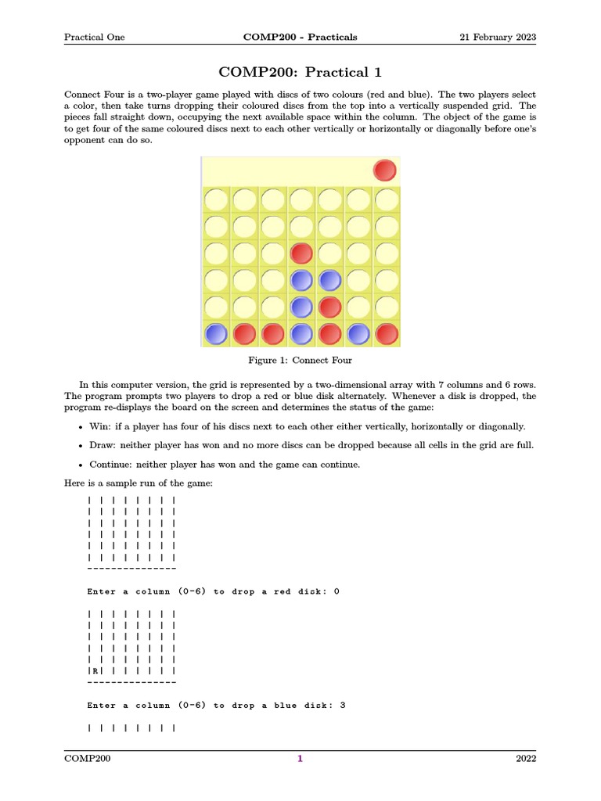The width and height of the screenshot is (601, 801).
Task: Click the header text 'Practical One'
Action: (x=94, y=37)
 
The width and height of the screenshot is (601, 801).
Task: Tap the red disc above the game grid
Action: (x=384, y=170)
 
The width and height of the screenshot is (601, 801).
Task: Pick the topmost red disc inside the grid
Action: (x=301, y=253)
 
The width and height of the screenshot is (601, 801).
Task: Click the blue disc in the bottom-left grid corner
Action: (x=215, y=334)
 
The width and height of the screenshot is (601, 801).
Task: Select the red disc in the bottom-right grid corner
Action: (x=386, y=334)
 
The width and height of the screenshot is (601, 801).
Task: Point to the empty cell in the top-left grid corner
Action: (x=215, y=200)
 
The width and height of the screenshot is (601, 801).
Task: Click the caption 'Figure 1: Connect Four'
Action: (x=300, y=360)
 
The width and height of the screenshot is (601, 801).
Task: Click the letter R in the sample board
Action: (x=95, y=671)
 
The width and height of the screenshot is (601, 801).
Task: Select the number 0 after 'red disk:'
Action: (x=336, y=591)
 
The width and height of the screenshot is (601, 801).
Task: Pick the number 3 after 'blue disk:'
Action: (x=343, y=705)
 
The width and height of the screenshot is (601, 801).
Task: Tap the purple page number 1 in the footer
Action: (x=300, y=758)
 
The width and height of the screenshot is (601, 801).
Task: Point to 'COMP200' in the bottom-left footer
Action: (x=87, y=758)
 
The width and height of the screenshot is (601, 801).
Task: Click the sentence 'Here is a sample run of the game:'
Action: (x=138, y=483)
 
